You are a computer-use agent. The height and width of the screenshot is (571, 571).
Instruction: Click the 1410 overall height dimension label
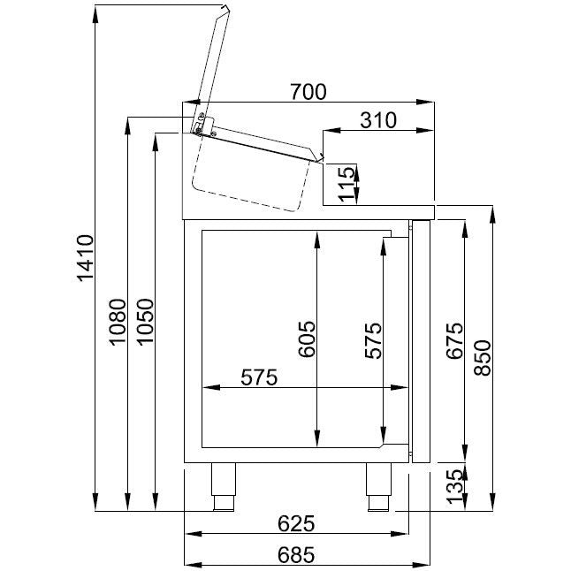86,258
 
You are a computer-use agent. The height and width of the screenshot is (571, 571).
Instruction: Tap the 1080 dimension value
118,322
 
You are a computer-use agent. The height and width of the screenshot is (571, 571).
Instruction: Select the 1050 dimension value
145,321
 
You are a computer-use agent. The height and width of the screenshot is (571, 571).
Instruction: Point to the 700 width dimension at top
308,92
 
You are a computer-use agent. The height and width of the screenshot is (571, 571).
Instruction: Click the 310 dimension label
378,120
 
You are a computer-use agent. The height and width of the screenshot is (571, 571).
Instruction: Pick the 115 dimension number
346,184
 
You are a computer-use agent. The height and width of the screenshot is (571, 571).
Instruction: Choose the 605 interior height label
307,339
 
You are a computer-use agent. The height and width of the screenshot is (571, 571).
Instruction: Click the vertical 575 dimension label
374,340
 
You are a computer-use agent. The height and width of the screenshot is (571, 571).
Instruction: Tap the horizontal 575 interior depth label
259,377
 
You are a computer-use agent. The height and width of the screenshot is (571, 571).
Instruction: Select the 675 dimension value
455,340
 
